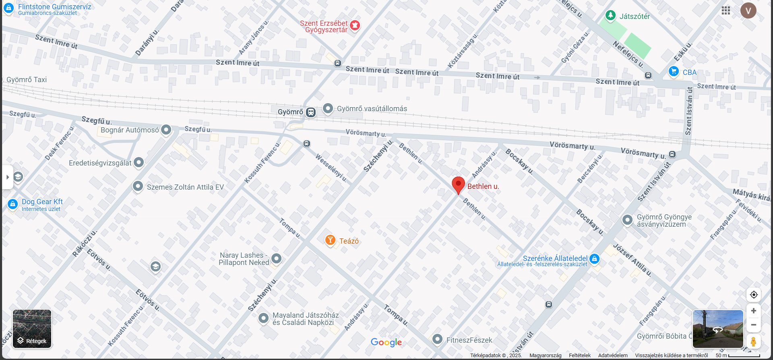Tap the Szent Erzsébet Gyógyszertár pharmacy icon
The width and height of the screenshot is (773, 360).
point(355,25)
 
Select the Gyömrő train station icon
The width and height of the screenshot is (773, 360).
point(311,112)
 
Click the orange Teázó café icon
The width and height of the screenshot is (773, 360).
point(330,240)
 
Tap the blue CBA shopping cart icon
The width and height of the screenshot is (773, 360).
point(674,71)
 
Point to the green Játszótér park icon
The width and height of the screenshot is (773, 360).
point(610,16)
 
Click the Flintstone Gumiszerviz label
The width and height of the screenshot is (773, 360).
point(54,7)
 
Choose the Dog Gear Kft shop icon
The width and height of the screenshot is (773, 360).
point(12,204)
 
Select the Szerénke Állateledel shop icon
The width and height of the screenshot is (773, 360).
point(594,259)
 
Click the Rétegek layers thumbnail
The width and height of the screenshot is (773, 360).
point(32,329)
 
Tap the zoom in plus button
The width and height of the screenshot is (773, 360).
point(754,311)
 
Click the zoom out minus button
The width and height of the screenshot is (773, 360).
point(754,325)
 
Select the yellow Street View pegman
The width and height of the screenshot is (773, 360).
point(754,341)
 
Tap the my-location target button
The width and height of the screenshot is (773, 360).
point(754,295)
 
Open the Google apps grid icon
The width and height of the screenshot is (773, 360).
point(726,10)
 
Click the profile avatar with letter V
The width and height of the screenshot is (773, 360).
point(748,10)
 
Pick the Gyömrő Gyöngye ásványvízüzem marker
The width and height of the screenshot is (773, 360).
point(627,219)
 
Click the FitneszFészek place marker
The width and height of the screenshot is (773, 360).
point(437,339)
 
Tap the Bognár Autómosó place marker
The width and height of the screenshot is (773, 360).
point(166,130)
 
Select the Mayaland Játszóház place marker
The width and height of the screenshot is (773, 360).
point(263,318)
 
